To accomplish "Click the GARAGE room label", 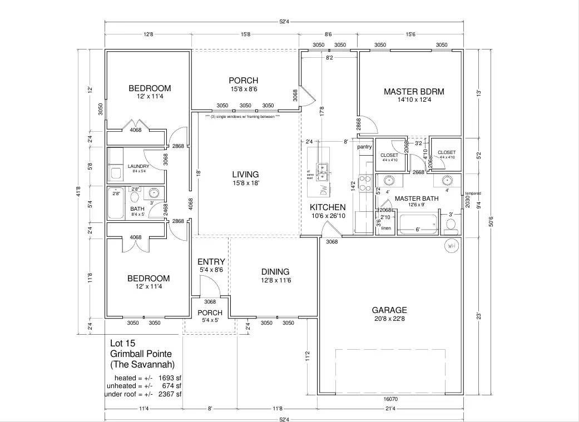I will (389, 310).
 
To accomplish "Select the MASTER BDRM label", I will (414, 92).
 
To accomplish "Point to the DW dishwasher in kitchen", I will (324, 189).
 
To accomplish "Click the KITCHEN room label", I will (328, 207).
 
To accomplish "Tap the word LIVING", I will (245, 175).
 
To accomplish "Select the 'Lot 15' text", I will (122, 343).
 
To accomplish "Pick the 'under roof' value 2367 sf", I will (170, 394).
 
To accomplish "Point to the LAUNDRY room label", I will (138, 166).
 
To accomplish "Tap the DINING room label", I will (276, 272).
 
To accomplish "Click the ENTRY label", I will (211, 262).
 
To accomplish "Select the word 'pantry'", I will (364, 147).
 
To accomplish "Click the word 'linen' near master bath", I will (386, 228).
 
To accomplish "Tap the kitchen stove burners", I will (365, 183).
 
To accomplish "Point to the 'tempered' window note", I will (473, 193).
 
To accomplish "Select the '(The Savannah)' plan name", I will (142, 365).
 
